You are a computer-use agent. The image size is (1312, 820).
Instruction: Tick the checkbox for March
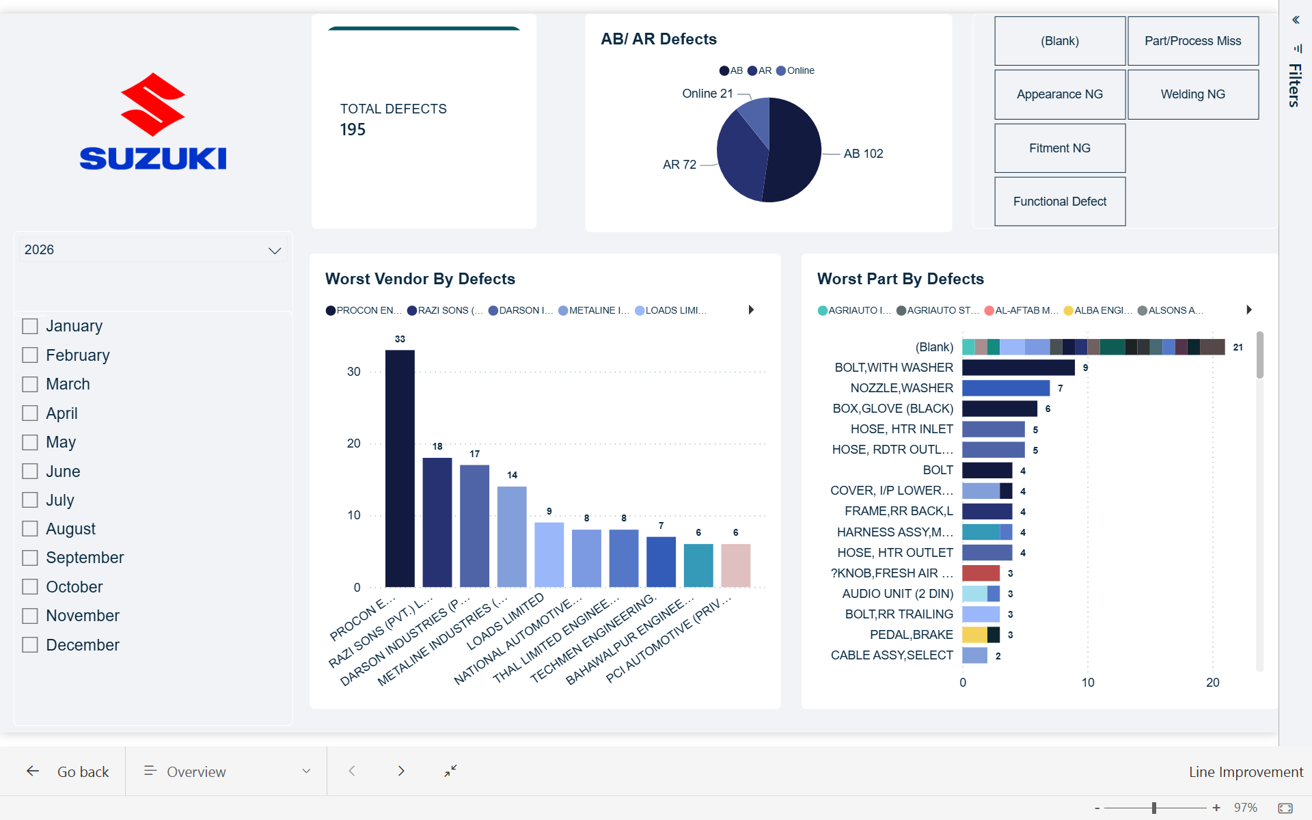coord(29,384)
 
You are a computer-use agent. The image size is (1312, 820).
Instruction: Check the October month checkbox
coord(29,587)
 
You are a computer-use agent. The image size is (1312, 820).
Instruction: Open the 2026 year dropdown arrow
coord(275,250)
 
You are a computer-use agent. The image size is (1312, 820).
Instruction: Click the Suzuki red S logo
coord(152,104)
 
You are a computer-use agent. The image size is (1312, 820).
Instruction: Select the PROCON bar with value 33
coord(400,469)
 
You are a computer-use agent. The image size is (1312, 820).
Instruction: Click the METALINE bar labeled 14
coord(512,536)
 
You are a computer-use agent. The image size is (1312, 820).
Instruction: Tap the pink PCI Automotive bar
coord(735,565)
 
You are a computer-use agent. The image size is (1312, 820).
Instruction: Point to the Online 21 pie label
coord(707,94)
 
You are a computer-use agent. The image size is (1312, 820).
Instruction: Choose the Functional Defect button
coord(1059,202)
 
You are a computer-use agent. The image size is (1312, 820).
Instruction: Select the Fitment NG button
coord(1059,148)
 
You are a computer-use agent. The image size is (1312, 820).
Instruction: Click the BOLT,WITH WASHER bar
coord(1017,368)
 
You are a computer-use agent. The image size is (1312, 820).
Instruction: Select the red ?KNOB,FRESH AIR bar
coord(981,573)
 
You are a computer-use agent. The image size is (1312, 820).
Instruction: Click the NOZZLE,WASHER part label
coord(901,388)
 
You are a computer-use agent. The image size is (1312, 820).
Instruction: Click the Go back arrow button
coord(33,771)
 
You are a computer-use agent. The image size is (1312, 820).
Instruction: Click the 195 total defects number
coord(353,130)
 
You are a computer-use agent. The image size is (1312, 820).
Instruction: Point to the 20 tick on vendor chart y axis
coord(353,443)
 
